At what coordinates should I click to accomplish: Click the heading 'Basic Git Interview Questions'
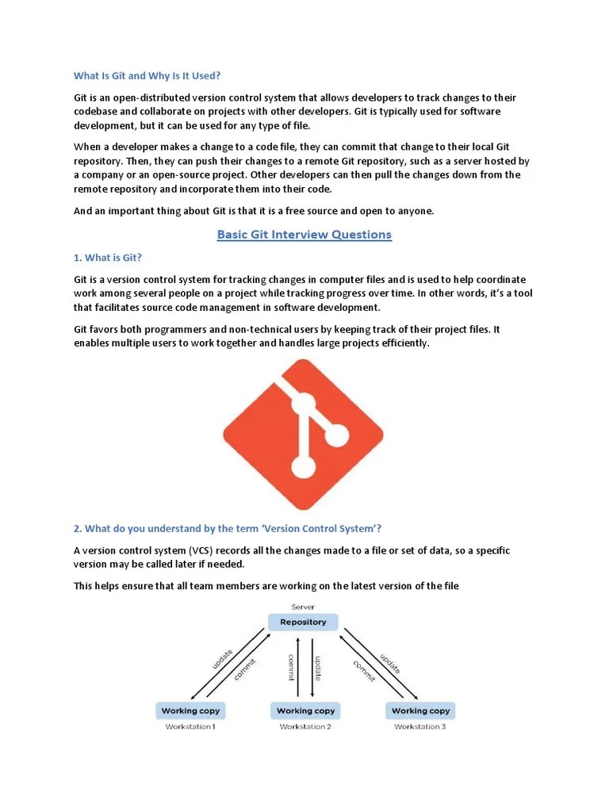point(304,235)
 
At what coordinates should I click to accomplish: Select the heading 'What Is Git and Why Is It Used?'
point(147,76)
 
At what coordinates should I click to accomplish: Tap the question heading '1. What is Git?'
point(108,258)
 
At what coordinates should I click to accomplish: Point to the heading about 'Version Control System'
point(228,528)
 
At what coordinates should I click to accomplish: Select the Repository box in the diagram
point(303,622)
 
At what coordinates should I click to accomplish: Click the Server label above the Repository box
point(303,607)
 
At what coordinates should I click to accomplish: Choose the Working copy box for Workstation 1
point(190,710)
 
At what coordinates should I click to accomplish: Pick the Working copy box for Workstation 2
point(305,710)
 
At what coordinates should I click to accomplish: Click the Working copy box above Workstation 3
point(420,710)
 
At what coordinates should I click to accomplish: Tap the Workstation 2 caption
point(305,726)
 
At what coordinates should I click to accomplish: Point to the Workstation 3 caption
point(420,726)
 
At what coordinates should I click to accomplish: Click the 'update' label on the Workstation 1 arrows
point(221,659)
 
